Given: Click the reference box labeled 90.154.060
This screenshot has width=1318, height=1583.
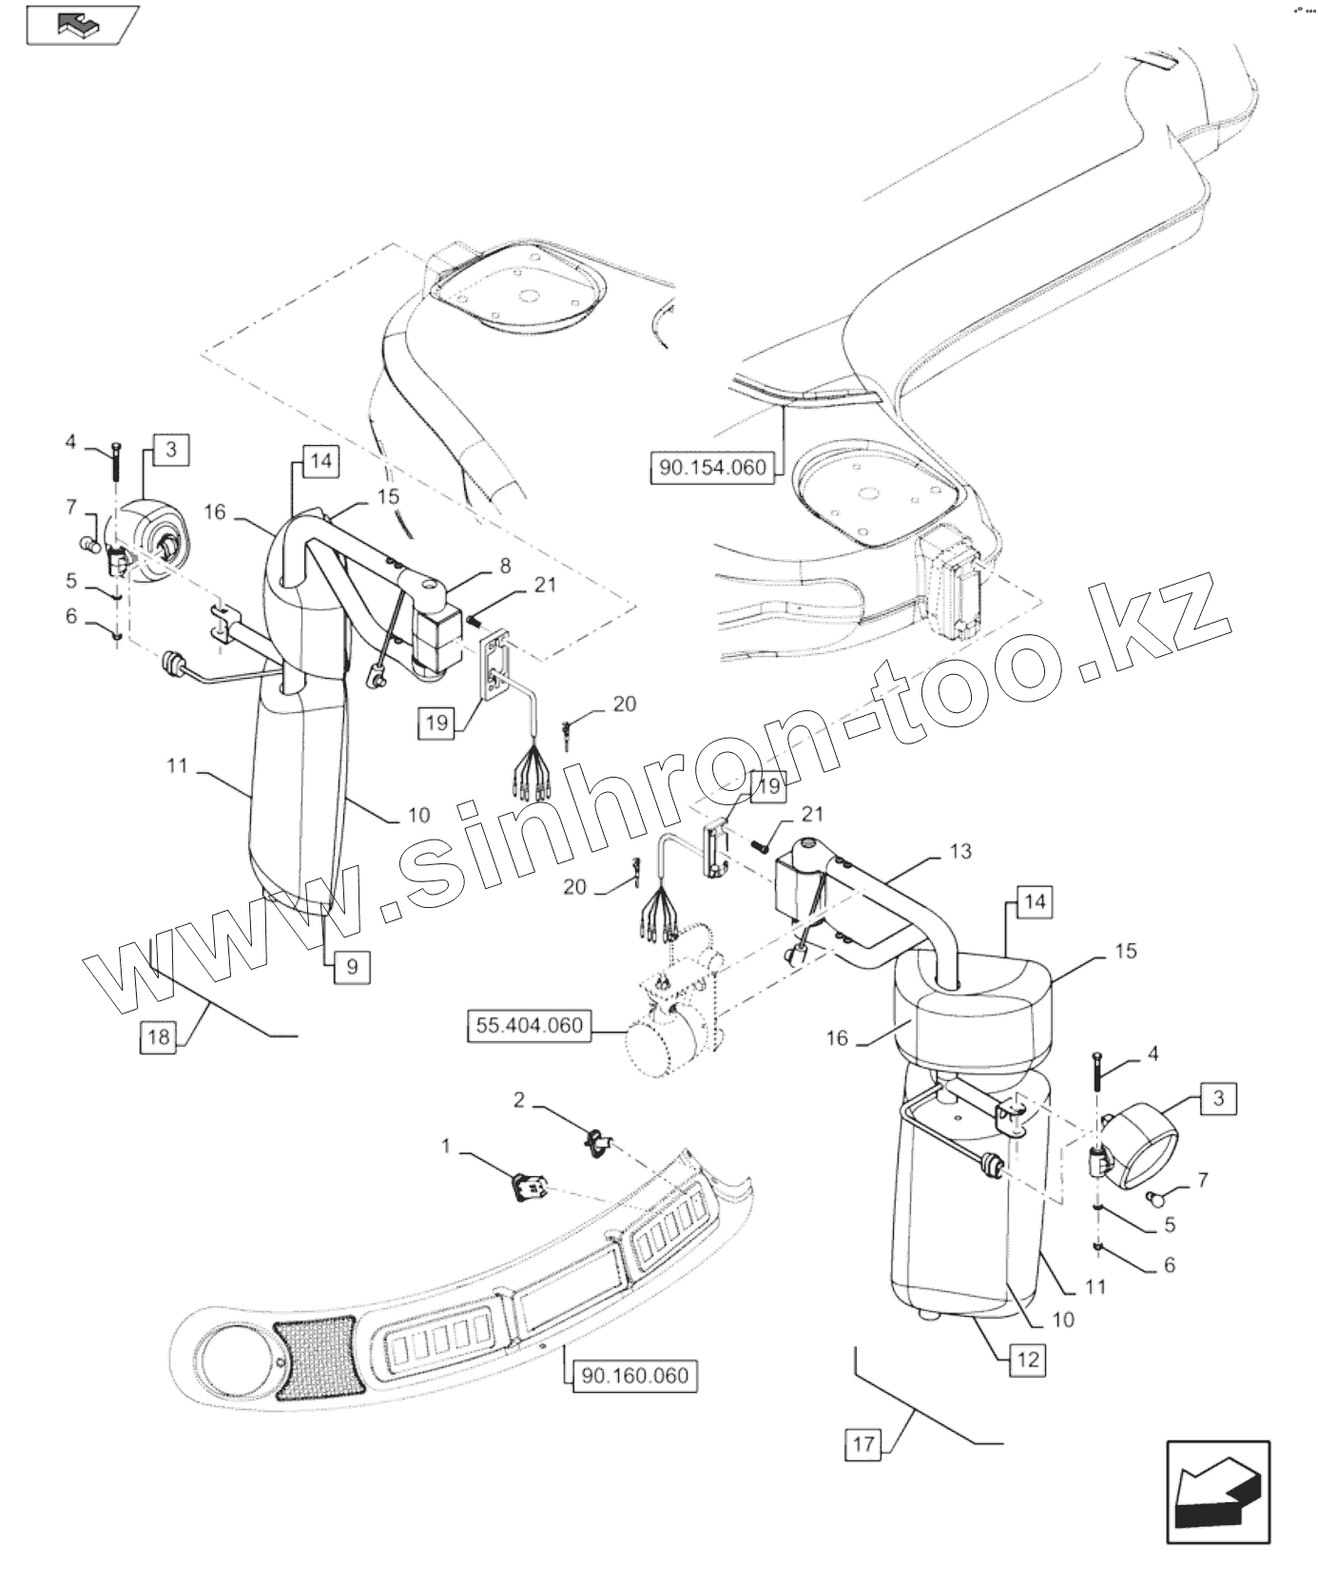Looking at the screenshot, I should [x=711, y=468].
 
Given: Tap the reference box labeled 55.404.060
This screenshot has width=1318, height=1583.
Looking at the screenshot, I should [x=530, y=1026].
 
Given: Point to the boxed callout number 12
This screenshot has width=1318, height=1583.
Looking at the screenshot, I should [x=1028, y=1360].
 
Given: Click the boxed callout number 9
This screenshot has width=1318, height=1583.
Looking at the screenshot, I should [x=352, y=967].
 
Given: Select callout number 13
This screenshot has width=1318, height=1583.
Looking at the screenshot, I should [x=960, y=851].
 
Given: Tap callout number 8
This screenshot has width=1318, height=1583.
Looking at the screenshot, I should [x=505, y=567].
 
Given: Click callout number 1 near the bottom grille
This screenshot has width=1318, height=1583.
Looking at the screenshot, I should [x=446, y=1148].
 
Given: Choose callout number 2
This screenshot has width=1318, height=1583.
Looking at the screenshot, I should [x=519, y=1101].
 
